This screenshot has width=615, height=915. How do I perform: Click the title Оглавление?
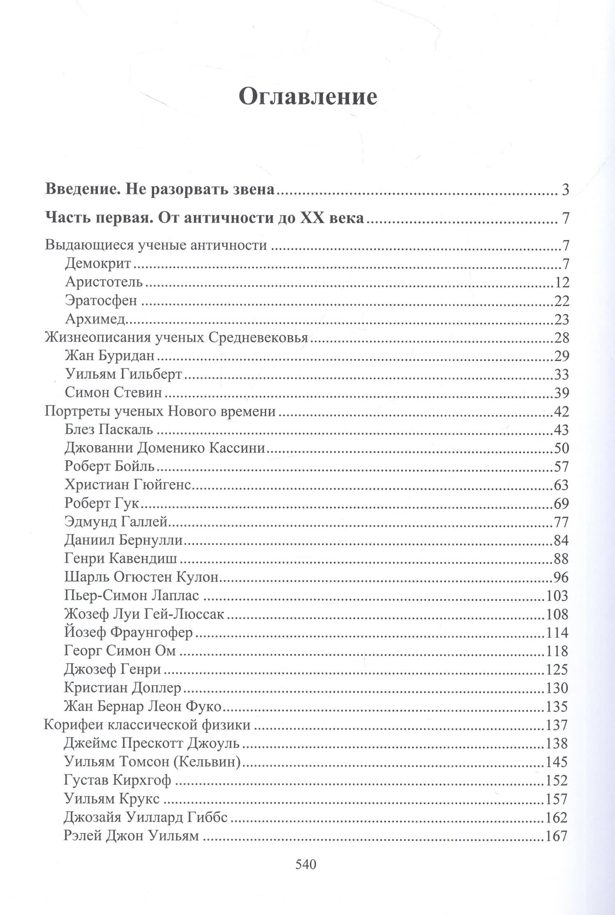pos(307,97)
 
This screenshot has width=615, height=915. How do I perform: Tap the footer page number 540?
pos(306,864)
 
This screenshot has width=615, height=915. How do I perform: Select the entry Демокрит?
pos(98,263)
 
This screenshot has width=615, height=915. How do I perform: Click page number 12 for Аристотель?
pos(560,282)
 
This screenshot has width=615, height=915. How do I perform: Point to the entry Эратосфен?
pos(101,300)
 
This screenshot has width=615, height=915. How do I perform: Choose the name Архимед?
pos(95,319)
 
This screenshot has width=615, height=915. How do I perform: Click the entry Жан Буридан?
pos(109,355)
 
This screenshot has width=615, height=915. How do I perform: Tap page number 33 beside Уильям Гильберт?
pos(561,374)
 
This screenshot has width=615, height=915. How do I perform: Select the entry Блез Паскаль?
pos(109,429)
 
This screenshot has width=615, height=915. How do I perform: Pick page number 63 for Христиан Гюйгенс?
pos(561,485)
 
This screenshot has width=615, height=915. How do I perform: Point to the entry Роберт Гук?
pos(102,503)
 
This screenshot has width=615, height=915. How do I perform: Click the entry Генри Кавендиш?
pos(121,558)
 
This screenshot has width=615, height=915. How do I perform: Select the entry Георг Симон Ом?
pos(120,651)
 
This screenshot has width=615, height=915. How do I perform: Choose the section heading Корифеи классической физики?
pos(147,725)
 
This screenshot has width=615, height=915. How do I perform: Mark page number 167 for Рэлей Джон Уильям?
pos(556,835)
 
